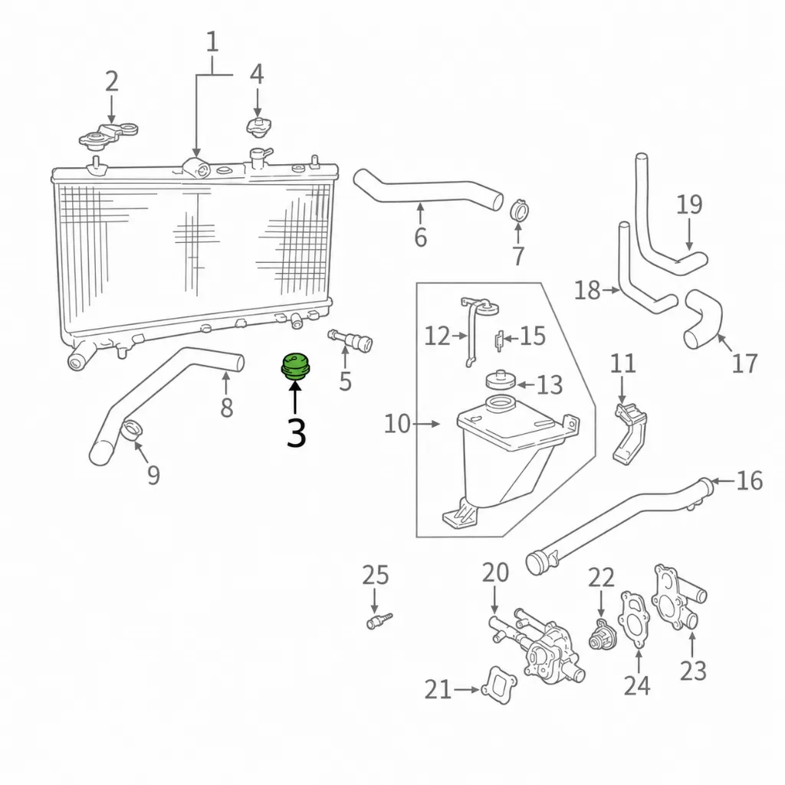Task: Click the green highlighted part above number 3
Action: [294, 366]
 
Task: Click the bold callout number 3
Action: [296, 433]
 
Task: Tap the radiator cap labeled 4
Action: [258, 126]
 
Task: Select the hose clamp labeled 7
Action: [521, 210]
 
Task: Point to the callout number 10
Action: [397, 424]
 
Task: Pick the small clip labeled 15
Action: [498, 341]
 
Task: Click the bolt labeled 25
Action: [379, 621]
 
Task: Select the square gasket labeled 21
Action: [498, 685]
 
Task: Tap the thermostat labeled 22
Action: [602, 634]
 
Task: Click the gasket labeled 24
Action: [635, 619]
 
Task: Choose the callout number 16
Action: [750, 481]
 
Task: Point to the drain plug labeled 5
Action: [350, 340]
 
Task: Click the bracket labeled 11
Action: [629, 432]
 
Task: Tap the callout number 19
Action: [689, 204]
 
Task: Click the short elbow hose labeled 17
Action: [703, 320]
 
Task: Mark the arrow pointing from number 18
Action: [611, 290]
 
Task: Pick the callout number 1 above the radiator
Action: [212, 41]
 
